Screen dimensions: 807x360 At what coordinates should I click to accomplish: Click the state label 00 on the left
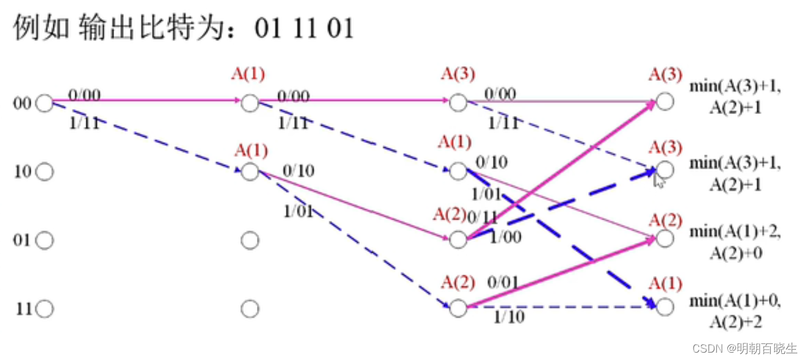click(21, 104)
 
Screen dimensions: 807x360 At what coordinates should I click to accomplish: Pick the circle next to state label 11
click(44, 309)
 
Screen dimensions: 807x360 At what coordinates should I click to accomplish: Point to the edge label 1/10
click(509, 317)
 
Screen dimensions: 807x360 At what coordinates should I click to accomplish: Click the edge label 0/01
click(503, 283)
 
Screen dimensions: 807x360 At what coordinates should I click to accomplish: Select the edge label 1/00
click(505, 237)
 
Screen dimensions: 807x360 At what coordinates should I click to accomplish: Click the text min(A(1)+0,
click(736, 301)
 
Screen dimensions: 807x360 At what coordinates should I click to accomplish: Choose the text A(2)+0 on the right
click(736, 252)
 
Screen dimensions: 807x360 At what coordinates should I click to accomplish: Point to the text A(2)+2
click(736, 321)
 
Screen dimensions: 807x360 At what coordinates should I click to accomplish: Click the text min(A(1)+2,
click(736, 232)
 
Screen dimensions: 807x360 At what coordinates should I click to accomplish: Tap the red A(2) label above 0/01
click(458, 283)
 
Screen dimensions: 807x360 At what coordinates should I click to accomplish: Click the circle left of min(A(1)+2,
click(664, 239)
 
